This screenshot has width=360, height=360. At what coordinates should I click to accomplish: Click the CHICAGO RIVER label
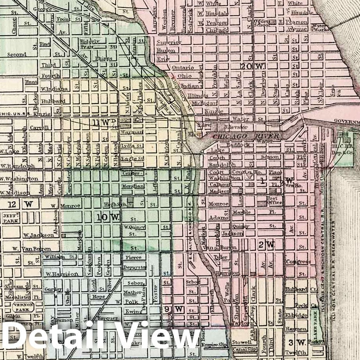(246, 136)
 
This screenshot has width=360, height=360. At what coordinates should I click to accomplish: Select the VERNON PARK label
(22, 307)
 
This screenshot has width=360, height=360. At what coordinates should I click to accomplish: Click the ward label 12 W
(19, 204)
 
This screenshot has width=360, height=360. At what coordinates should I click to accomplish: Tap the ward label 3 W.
(297, 342)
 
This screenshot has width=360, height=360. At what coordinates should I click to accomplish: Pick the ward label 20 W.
(252, 66)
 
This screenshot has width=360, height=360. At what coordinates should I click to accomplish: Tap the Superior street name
(169, 42)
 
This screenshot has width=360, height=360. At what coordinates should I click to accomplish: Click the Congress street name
(298, 262)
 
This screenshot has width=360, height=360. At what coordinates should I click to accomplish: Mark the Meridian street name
(133, 186)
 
